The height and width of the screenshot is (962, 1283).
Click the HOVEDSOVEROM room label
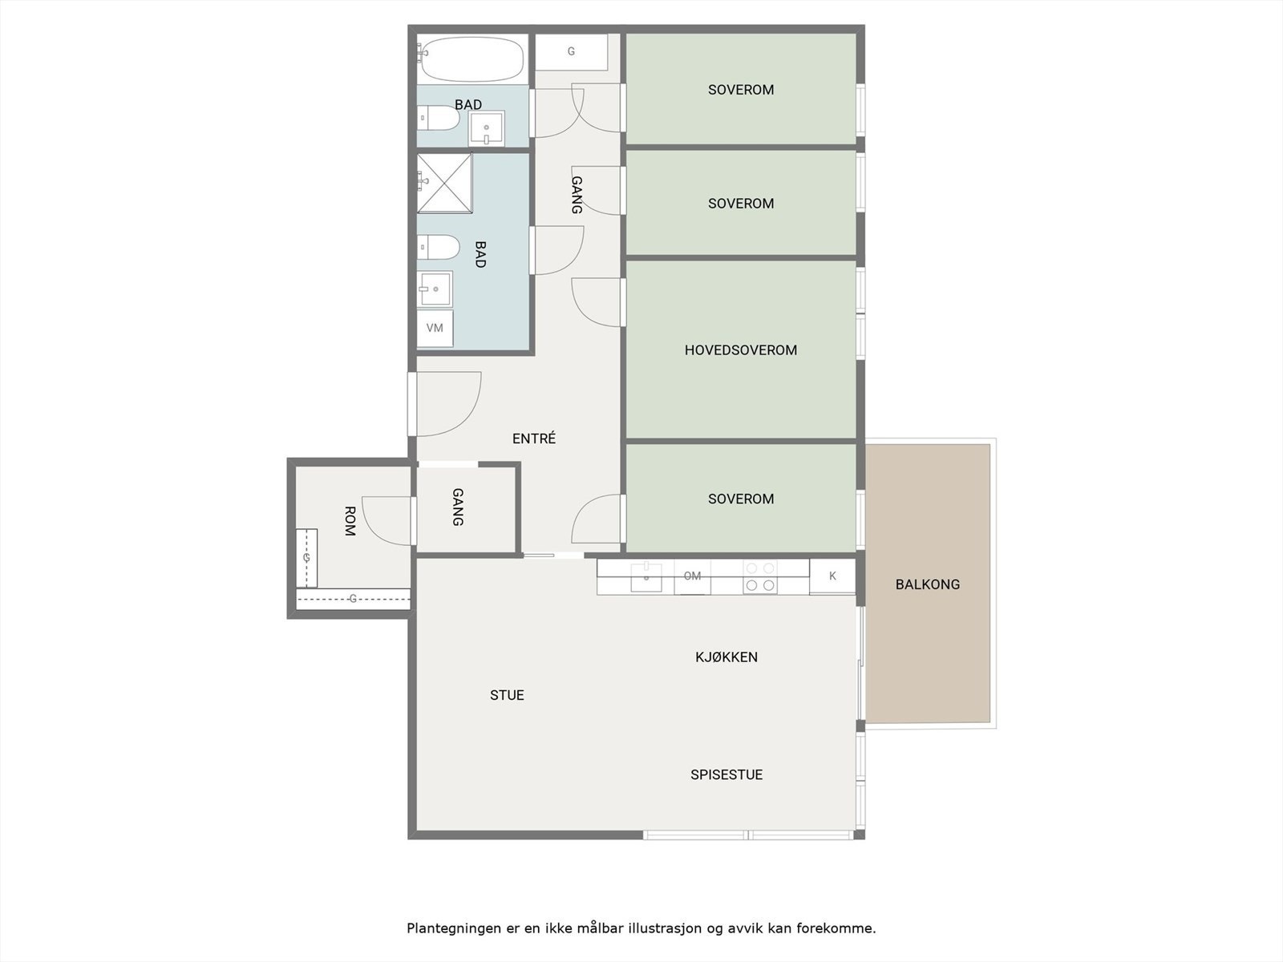coord(740,350)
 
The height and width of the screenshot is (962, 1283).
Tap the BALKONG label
coord(927,584)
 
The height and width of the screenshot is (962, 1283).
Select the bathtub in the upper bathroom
coord(472,59)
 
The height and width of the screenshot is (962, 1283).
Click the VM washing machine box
coord(435,328)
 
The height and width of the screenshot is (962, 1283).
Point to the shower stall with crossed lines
coord(444,183)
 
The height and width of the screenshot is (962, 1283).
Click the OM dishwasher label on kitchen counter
coord(692,576)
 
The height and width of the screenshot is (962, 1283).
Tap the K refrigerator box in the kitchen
coord(832,576)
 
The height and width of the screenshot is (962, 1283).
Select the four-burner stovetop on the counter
coord(760,576)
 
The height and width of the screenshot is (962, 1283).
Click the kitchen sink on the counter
coord(646,576)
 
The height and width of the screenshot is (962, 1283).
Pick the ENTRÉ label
coord(534,439)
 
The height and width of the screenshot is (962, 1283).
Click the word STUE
coord(507,695)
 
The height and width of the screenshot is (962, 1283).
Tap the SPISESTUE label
coord(726,774)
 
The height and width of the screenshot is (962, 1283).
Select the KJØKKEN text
coord(726,657)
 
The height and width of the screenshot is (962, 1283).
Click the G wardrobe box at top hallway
coord(571,52)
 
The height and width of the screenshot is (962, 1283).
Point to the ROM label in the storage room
coord(350,520)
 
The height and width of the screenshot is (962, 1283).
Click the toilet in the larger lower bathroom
coord(438,247)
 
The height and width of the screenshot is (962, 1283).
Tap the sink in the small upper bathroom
coord(486,129)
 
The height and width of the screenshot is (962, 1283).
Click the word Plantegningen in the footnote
coord(452,928)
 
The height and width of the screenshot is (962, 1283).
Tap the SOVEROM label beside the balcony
coord(740,499)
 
